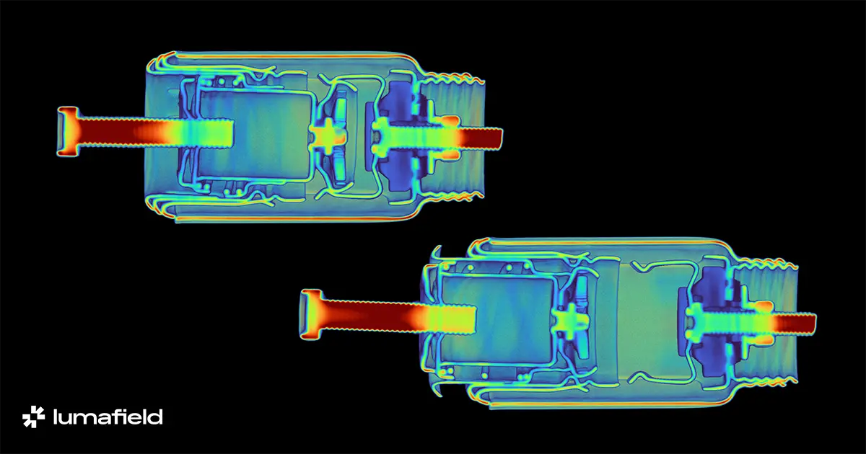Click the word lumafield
click(108, 417)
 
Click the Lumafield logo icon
click(34, 417)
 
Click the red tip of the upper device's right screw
click(483, 139)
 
